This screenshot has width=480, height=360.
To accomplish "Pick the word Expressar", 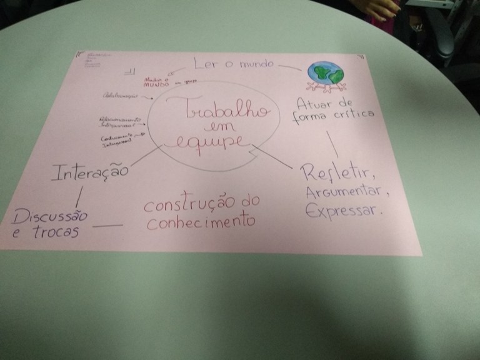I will (x=341, y=211).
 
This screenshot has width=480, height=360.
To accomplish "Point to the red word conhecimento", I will (x=201, y=221).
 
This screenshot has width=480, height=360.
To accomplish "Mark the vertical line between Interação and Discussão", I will (x=77, y=196).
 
